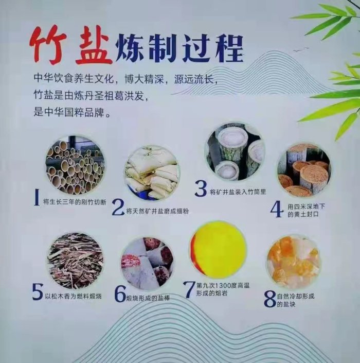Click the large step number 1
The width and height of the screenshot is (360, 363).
pos(37,197)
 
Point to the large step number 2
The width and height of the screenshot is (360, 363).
pos(118,208)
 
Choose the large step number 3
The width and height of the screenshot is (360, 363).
pos(201,188)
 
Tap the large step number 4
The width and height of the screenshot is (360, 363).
pos(277,209)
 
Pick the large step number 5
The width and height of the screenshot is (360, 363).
pos(38,292)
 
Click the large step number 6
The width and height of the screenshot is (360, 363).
pos(120,294)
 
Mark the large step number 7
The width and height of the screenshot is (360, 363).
pos(189,289)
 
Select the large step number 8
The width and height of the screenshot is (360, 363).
pos(270,299)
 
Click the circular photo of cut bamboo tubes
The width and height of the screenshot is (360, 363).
pos(75,165)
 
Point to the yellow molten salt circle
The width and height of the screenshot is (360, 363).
pos(218,250)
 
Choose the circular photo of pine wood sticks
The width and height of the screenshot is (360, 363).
pos(76,261)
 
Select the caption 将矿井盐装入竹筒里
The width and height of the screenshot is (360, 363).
pos(238,192)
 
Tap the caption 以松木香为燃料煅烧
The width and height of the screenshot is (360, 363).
pos(74,296)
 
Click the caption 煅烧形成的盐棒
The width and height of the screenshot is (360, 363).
pos(148,298)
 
